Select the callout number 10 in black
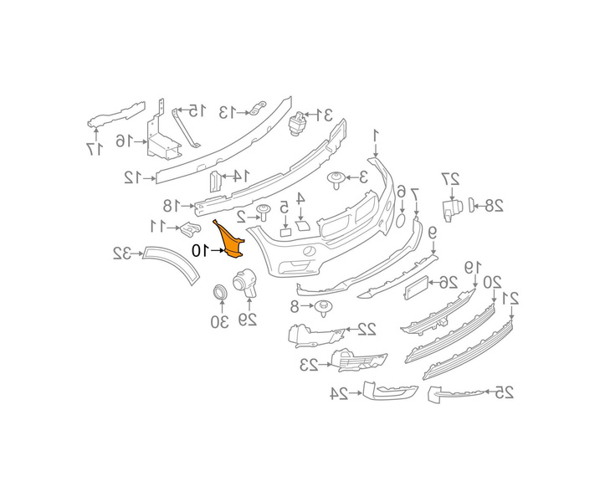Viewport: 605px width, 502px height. (x=200, y=250)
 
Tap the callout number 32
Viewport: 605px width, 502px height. (x=122, y=253)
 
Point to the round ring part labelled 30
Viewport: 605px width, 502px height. (x=219, y=294)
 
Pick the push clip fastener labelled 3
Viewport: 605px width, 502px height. (x=336, y=177)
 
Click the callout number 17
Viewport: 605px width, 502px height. (x=95, y=148)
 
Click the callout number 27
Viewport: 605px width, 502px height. (x=450, y=177)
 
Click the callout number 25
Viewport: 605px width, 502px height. (x=503, y=392)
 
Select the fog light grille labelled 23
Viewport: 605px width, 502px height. (x=358, y=361)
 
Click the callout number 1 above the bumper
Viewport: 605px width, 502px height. (x=376, y=134)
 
